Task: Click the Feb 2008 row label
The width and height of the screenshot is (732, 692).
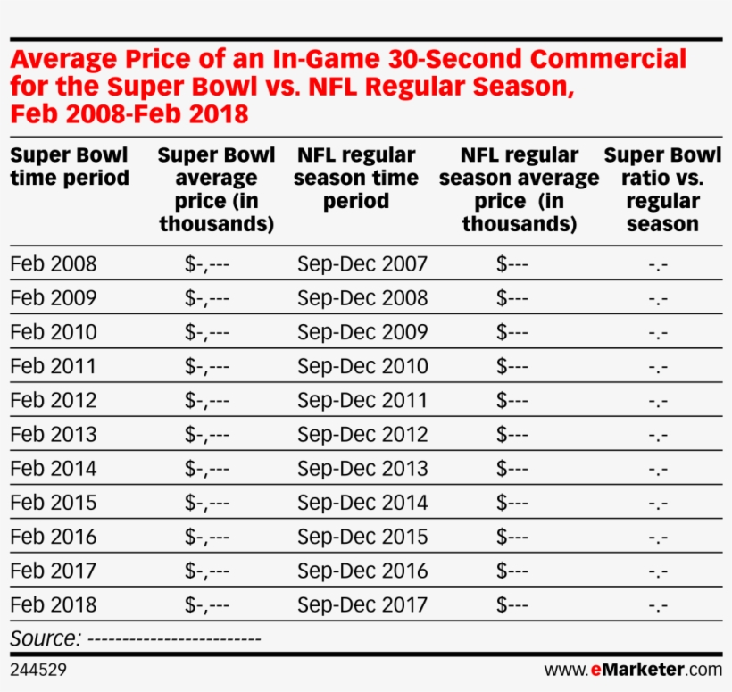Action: point(54,264)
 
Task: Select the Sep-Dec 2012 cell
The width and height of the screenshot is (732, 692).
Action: point(362,435)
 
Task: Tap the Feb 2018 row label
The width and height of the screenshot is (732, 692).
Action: point(54,604)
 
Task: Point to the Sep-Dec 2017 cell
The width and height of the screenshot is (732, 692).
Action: point(362,604)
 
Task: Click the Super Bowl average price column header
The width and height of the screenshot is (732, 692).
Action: point(216,189)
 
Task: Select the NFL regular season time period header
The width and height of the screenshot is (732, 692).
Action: point(355,179)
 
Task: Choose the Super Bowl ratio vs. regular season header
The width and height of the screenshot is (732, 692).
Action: point(662,189)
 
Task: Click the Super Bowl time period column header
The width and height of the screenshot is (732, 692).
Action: point(70,167)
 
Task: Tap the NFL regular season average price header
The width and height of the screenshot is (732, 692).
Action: point(519,189)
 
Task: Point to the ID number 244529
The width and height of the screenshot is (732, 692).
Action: point(38,669)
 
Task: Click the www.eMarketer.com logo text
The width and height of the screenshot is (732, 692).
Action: point(632,669)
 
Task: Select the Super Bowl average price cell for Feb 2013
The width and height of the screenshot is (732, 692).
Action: point(207,435)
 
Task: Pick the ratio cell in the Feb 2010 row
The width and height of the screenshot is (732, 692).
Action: point(659,333)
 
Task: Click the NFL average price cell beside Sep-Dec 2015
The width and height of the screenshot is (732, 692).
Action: point(512,537)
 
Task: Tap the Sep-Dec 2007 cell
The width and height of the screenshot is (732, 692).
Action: point(362,264)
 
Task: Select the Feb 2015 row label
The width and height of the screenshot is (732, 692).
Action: point(54,503)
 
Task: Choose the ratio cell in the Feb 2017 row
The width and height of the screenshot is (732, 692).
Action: point(659,571)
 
